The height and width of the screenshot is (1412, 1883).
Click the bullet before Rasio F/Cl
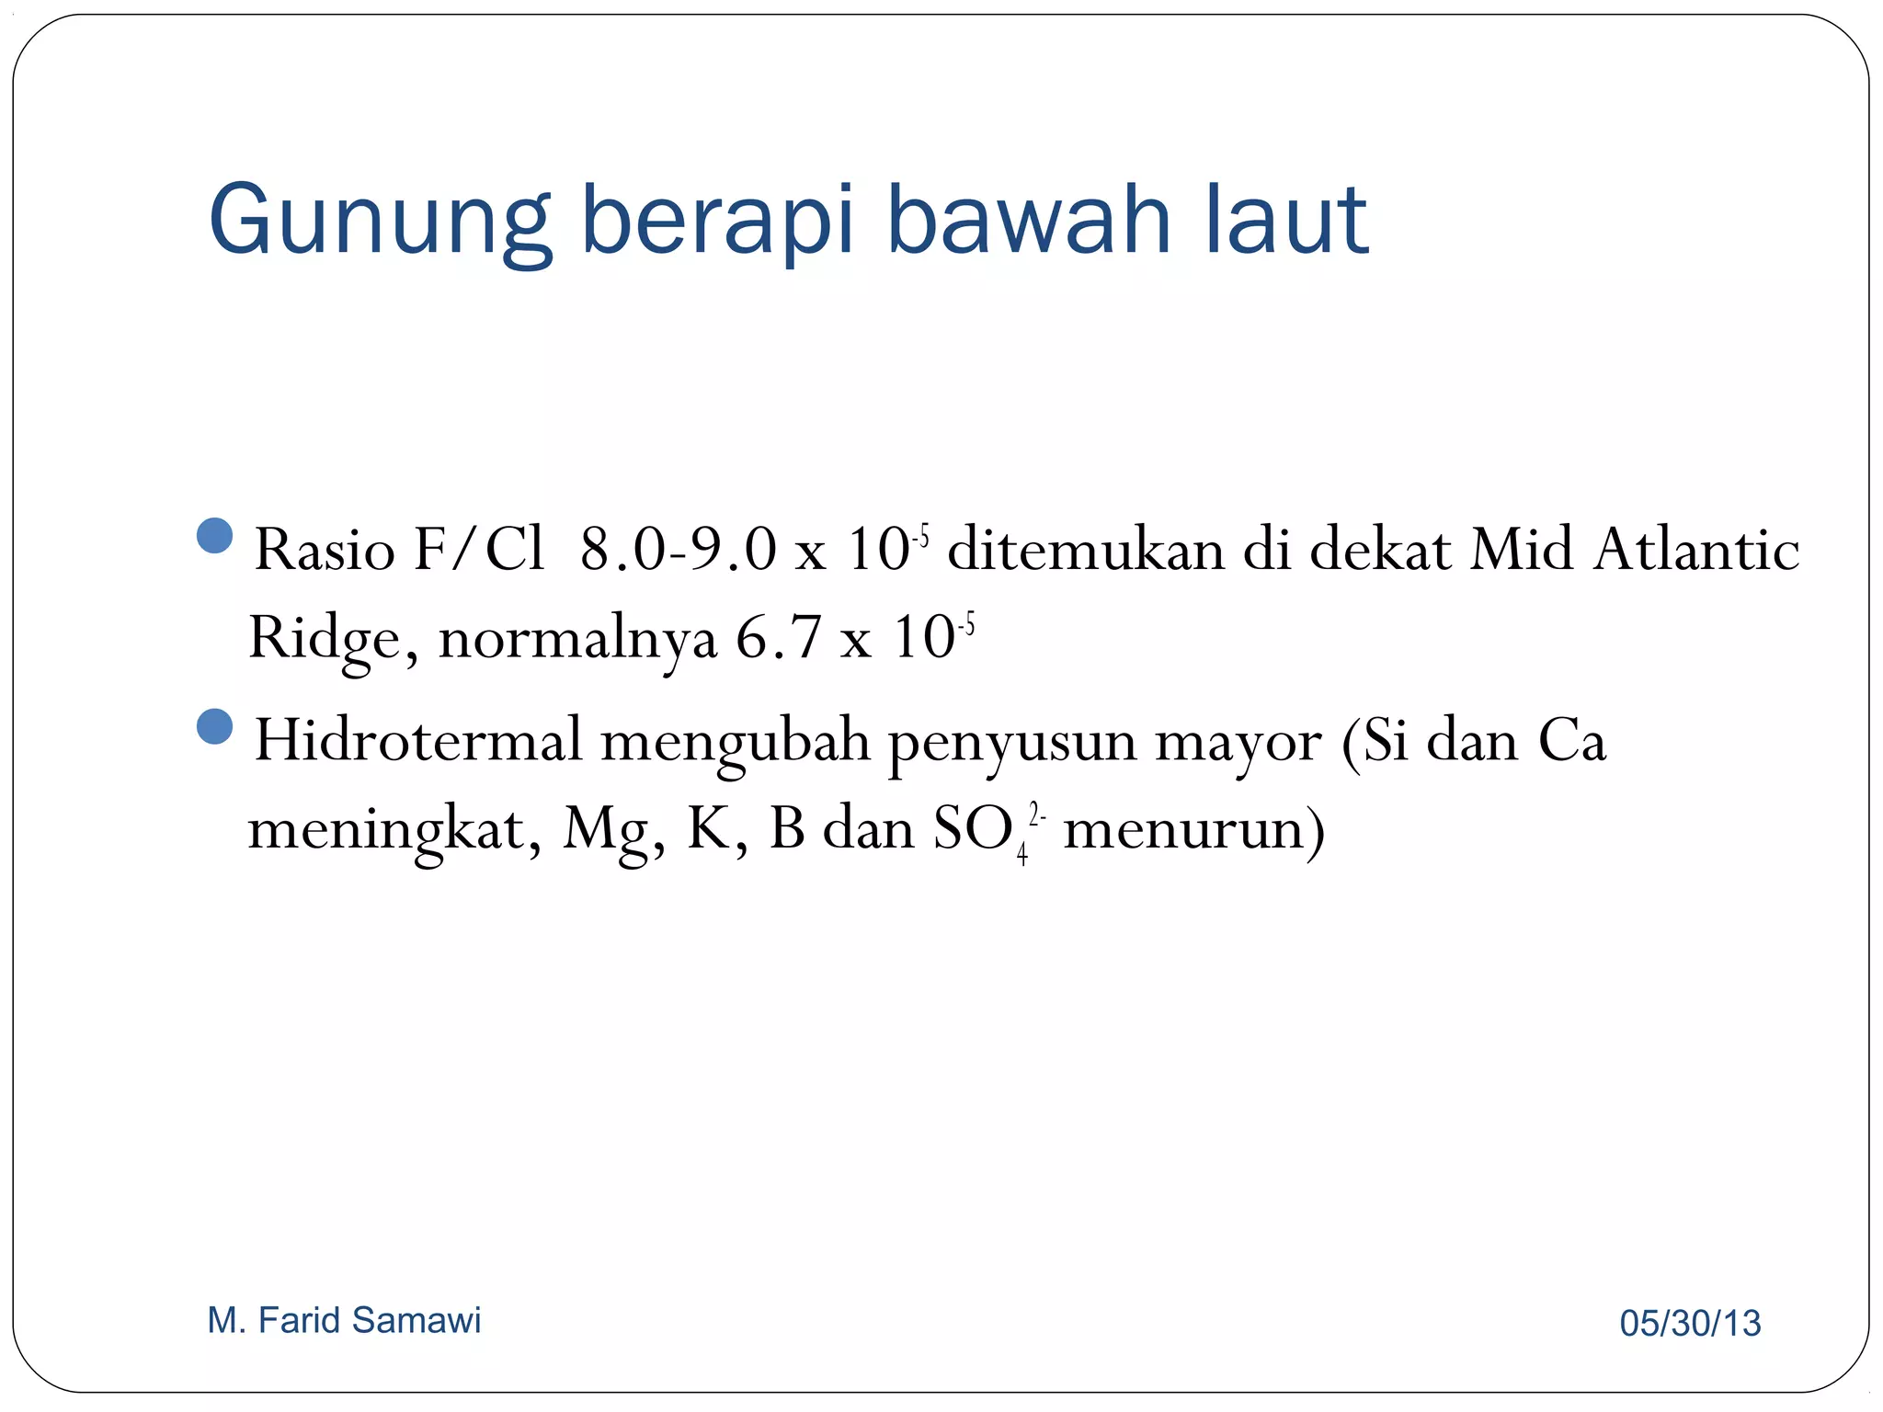pos(215,535)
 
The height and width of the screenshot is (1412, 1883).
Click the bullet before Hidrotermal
pos(215,726)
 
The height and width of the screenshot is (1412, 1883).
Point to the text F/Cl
pos(478,550)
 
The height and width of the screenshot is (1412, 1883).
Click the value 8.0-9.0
pos(678,550)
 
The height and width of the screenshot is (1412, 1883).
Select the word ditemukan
pos(1085,550)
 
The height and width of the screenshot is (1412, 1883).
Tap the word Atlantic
pos(1696,550)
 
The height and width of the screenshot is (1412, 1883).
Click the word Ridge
pos(325,638)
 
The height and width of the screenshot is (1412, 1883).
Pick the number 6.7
pos(778,638)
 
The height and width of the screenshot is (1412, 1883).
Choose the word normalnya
pos(577,638)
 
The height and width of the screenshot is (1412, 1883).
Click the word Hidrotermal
pos(418,740)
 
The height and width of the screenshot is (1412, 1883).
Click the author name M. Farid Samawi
pos(344,1320)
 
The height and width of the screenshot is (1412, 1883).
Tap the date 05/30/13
pos(1690,1324)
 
